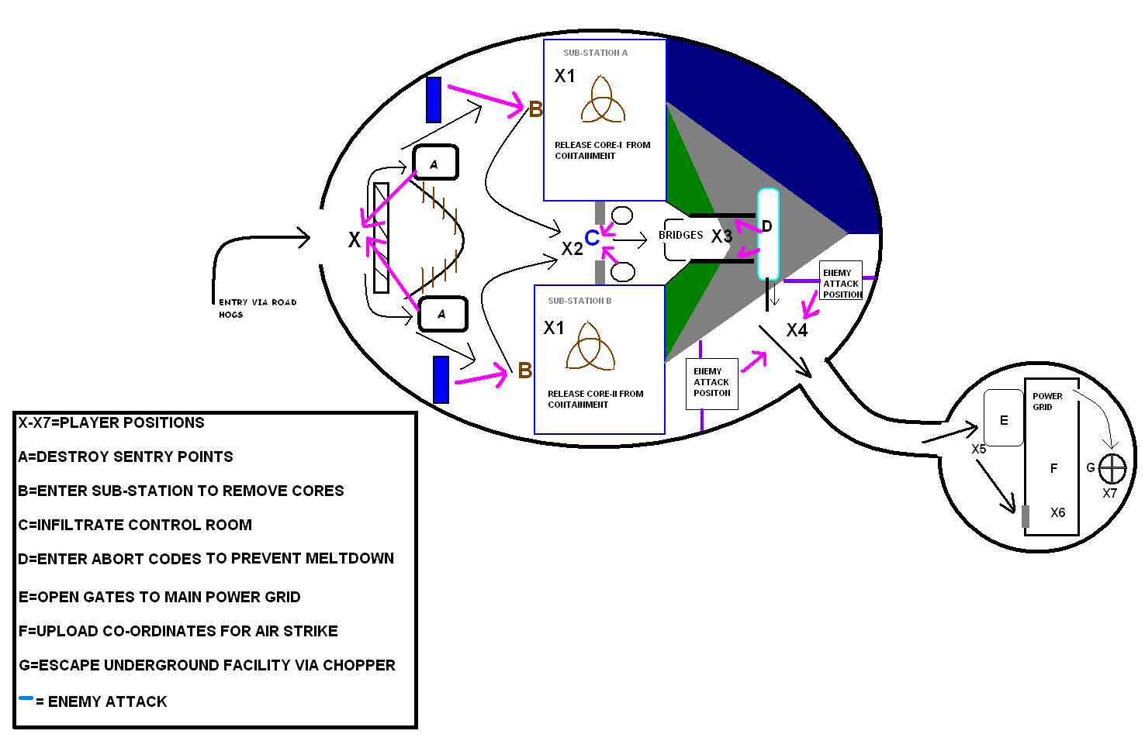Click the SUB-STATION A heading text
595,53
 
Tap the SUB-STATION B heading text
579,301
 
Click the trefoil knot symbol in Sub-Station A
602,99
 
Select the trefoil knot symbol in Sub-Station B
590,346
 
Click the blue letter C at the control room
591,237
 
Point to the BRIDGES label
680,235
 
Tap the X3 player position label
721,236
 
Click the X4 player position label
797,330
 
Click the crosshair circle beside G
1113,467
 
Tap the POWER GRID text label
1046,401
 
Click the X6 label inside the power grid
1057,512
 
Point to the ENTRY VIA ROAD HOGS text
257,308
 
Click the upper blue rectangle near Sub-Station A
434,99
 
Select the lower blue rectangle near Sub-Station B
441,379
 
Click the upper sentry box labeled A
435,163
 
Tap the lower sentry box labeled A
442,314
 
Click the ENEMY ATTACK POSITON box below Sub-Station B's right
711,382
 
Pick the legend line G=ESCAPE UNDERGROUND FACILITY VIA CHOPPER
206,665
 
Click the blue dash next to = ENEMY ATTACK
26,698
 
